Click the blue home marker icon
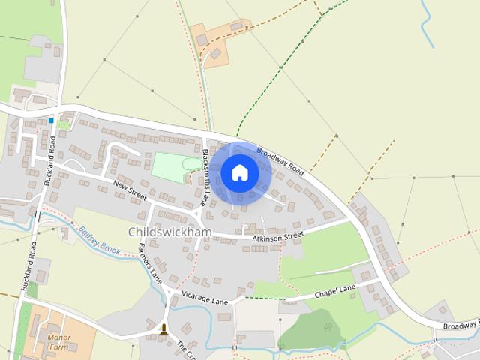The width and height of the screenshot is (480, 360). (240, 172)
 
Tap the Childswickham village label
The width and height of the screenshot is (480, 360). (170, 232)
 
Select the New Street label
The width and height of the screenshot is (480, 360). (129, 189)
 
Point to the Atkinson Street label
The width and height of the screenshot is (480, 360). (277, 237)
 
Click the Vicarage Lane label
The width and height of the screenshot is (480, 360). (203, 300)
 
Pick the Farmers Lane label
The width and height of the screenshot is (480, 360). (150, 263)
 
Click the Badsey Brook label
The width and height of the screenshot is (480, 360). (100, 242)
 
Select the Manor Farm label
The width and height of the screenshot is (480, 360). (58, 342)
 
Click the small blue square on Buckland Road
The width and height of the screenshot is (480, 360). (51, 120)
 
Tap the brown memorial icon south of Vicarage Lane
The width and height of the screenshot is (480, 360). (163, 328)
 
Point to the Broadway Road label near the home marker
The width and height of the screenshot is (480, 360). (280, 162)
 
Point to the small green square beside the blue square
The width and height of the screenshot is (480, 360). (64, 124)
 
